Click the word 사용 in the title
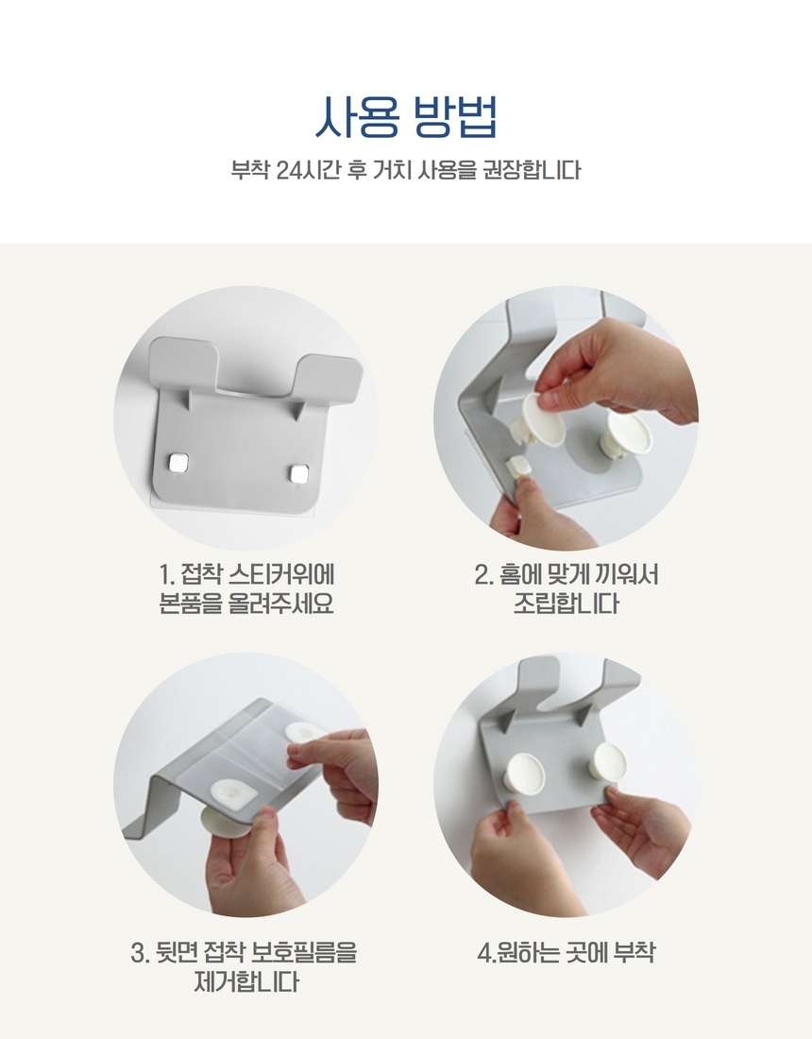[x=357, y=117]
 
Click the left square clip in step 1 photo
[x=178, y=463]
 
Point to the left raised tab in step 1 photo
[x=183, y=366]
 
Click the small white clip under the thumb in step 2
[x=518, y=465]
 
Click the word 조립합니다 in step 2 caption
[x=567, y=604]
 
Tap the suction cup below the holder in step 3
[x=225, y=823]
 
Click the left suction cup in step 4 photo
[x=526, y=772]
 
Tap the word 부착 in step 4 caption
[x=634, y=953]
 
